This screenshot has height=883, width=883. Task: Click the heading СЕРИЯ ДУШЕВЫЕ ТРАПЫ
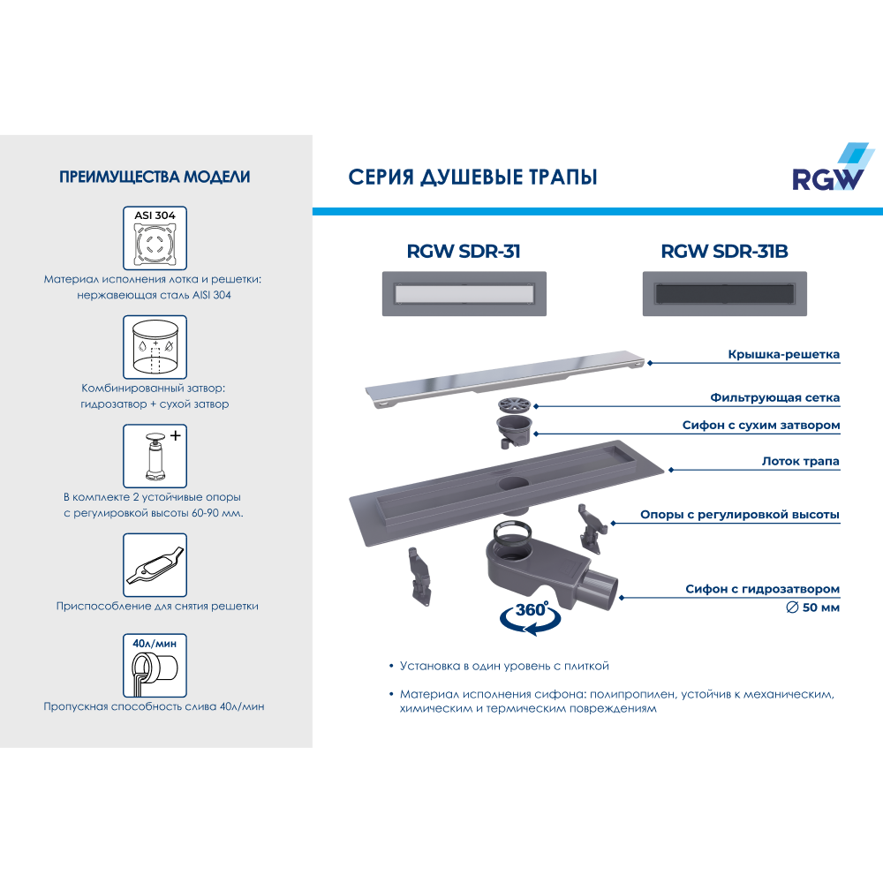(x=473, y=177)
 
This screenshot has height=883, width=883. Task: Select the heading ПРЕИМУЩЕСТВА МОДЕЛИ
(x=155, y=177)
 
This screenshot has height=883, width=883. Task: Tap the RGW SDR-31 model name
(x=463, y=252)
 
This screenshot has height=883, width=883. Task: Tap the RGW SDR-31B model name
(x=724, y=252)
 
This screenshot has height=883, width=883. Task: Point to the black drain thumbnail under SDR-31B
(x=724, y=293)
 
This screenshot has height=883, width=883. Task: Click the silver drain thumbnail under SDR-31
(x=463, y=293)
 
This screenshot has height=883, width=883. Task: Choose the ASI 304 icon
(x=155, y=238)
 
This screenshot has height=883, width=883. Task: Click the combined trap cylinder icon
(x=155, y=347)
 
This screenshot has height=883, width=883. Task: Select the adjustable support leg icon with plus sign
(x=155, y=456)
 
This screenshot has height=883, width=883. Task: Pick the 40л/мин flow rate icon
(x=155, y=665)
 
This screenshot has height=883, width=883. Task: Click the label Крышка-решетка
(x=783, y=355)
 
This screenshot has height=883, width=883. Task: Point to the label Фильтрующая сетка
(x=775, y=398)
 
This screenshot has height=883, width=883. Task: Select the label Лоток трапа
(x=800, y=461)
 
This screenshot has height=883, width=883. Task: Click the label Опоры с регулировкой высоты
(x=739, y=515)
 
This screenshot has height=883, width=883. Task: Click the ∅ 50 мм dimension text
(x=812, y=608)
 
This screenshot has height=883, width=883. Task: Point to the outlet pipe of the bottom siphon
(x=602, y=590)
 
